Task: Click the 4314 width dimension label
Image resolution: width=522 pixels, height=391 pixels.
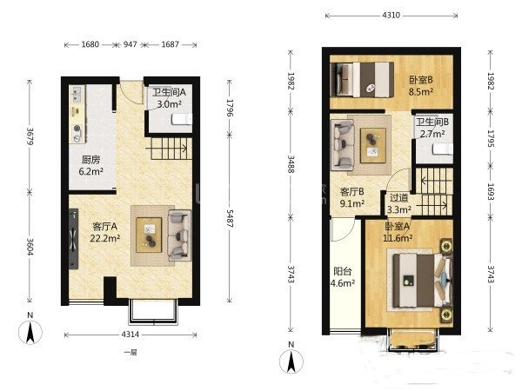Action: tap(130, 335)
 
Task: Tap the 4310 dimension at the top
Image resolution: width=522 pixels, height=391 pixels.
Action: tap(391, 16)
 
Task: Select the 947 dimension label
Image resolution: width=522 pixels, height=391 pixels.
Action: tap(130, 44)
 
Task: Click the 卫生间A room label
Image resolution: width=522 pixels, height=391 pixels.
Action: tap(169, 92)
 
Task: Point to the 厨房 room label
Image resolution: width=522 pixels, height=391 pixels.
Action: tap(90, 160)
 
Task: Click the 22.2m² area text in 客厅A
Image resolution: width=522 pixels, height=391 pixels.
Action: tap(105, 238)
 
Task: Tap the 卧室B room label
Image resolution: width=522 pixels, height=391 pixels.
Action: tap(421, 80)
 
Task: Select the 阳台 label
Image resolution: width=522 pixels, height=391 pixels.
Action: tap(343, 271)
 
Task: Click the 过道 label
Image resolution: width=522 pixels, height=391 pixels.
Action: tap(398, 198)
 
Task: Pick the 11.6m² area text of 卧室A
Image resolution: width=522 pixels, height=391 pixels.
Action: tap(398, 238)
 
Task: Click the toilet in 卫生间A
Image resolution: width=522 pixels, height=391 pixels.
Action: tap(182, 119)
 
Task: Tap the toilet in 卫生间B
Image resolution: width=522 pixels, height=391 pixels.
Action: tap(443, 149)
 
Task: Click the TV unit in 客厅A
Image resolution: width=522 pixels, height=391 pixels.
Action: tap(74, 239)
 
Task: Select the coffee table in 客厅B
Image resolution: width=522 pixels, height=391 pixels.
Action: tap(373, 145)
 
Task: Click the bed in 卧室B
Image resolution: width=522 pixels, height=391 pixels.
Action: tap(362, 80)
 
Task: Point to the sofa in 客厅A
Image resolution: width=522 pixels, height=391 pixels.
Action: tap(180, 235)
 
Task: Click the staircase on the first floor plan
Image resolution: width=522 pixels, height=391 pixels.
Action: tap(171, 149)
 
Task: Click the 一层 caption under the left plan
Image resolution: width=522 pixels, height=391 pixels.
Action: tap(130, 353)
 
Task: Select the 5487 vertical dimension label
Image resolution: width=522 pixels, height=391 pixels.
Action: tap(230, 218)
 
